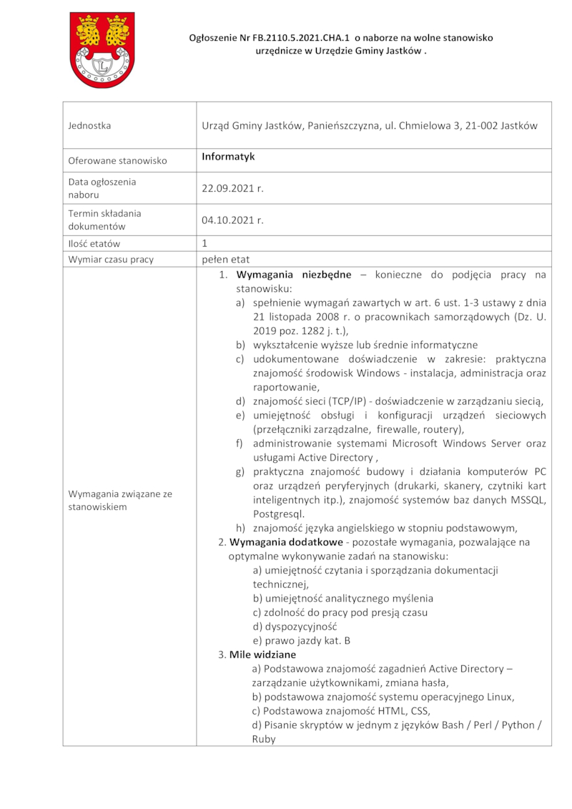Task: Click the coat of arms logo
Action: point(102,49)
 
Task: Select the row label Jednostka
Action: point(89,126)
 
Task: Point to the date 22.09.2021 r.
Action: point(232,188)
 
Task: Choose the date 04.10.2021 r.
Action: point(232,220)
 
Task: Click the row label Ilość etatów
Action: point(94,244)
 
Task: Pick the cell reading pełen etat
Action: point(225,260)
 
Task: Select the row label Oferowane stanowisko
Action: point(117,160)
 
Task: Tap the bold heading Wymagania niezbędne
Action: point(293,275)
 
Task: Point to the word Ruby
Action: point(264,739)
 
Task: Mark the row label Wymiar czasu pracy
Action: point(111,260)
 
